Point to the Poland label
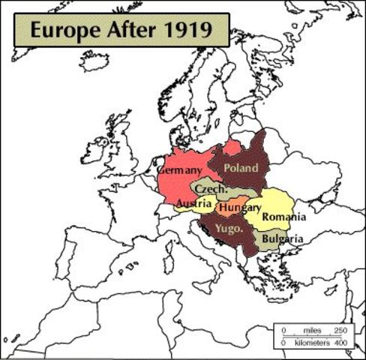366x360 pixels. coord(241,167)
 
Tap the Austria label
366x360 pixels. coord(193,204)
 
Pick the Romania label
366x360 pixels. coord(284,217)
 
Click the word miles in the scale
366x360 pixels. coord(313,330)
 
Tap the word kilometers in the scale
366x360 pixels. coord(313,343)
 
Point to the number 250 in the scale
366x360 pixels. coord(341,330)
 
